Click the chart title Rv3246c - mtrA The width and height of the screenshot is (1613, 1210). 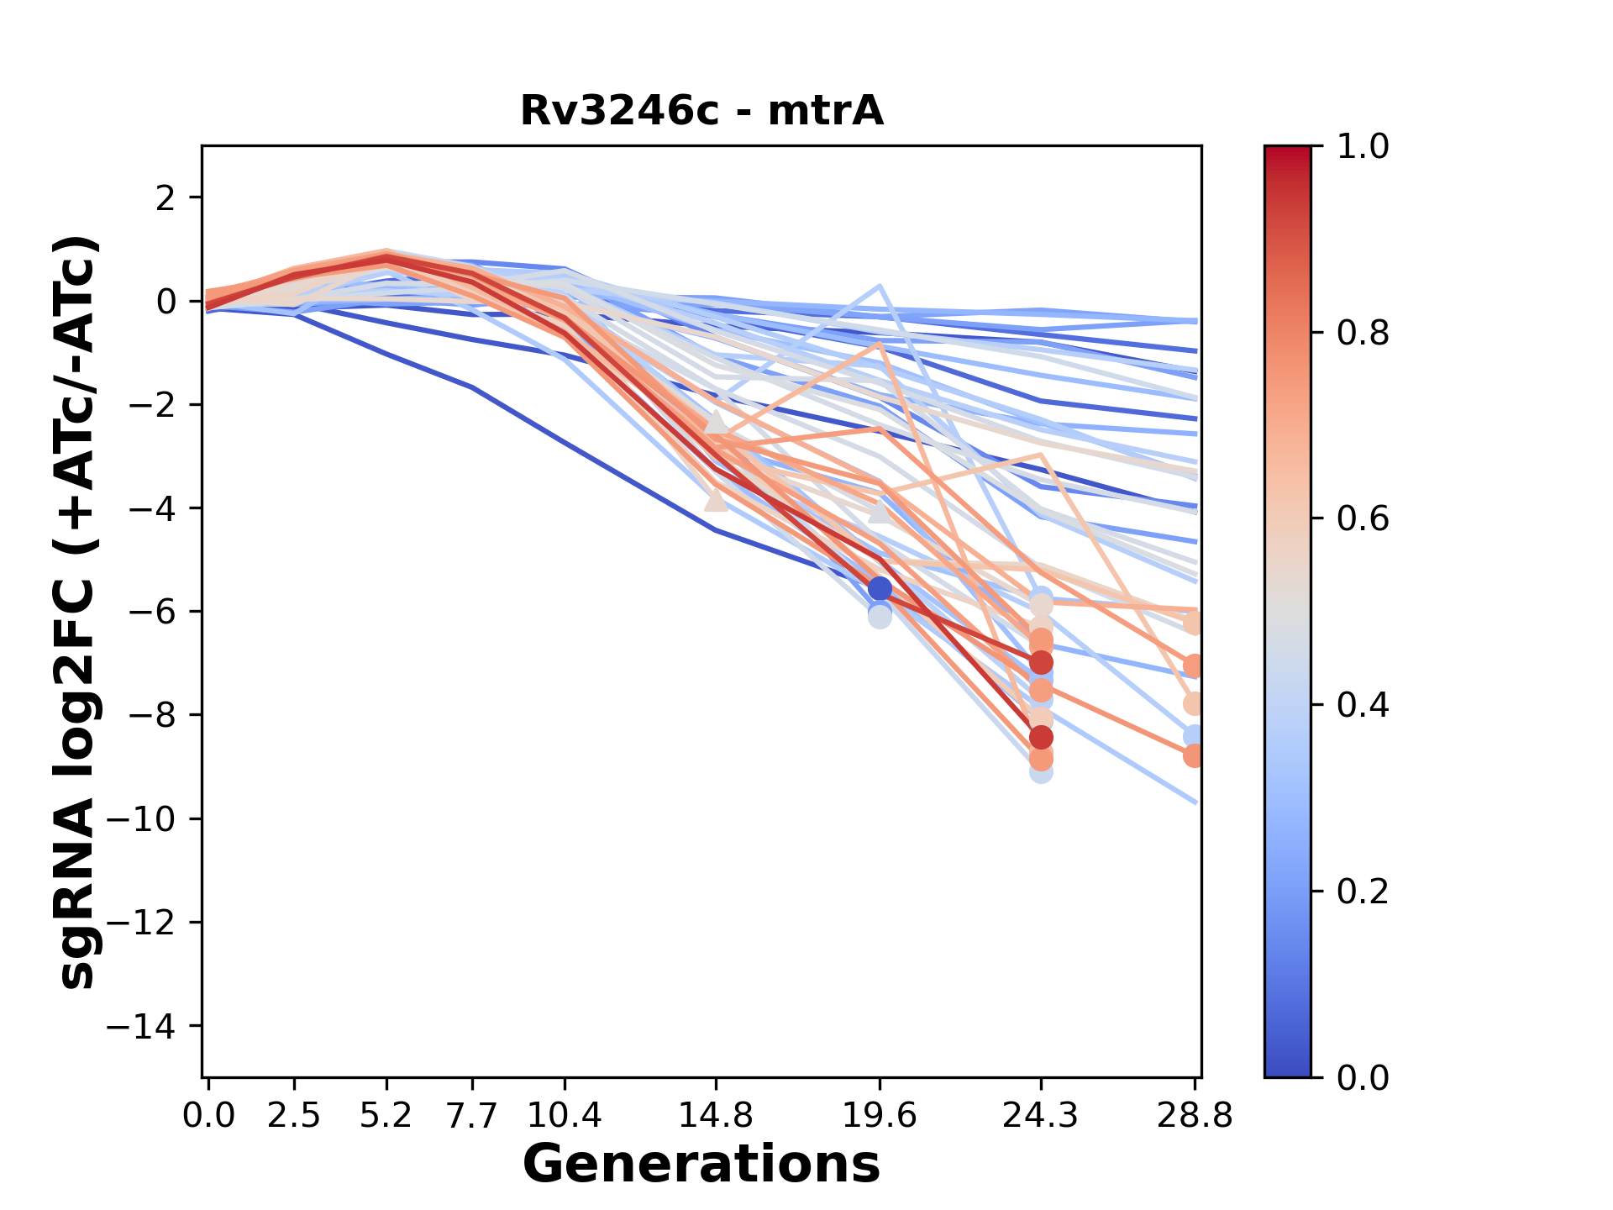(x=701, y=110)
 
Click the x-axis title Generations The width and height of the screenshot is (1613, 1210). (x=701, y=1165)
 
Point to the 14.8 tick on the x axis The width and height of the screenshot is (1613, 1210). (x=715, y=1116)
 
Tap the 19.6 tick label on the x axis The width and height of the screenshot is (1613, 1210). (x=879, y=1116)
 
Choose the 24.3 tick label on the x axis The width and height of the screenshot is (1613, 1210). (x=1040, y=1116)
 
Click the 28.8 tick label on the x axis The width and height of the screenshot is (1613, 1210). (x=1194, y=1116)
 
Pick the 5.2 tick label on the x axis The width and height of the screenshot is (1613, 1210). (x=386, y=1116)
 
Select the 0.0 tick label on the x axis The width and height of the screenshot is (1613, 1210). (x=209, y=1116)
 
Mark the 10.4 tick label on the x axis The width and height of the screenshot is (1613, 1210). (x=565, y=1116)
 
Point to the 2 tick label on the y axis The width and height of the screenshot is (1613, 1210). (x=167, y=197)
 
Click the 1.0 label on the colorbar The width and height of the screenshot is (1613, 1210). (x=1363, y=147)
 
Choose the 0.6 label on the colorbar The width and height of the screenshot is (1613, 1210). (x=1363, y=519)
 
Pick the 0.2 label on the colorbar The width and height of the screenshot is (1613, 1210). (x=1363, y=892)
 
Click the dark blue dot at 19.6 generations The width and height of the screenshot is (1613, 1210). (x=880, y=588)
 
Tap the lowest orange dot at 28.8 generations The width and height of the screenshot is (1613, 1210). (x=1194, y=755)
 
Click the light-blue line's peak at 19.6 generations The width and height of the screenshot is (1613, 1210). (x=879, y=287)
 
